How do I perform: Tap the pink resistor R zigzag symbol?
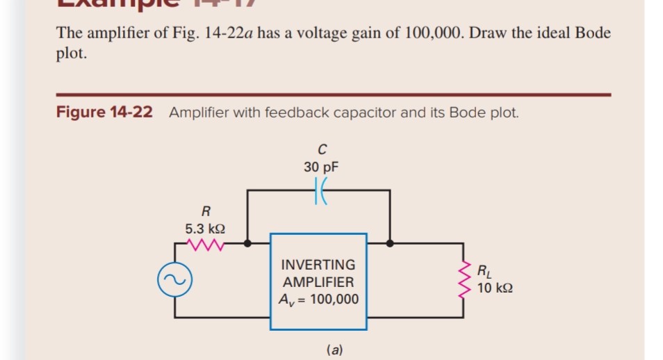[205, 244]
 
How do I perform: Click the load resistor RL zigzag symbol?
[464, 280]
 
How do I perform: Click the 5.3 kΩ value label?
[204, 227]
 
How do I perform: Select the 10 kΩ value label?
[496, 288]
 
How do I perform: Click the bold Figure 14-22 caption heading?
[104, 113]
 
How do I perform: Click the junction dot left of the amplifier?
[248, 244]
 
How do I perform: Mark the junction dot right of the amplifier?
[390, 244]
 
